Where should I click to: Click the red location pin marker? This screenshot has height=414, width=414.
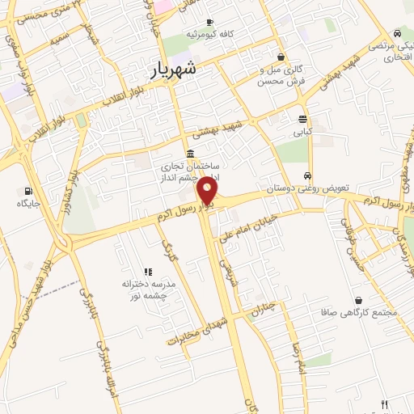coord(208,192)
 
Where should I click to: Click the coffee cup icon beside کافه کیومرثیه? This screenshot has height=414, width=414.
coord(209,23)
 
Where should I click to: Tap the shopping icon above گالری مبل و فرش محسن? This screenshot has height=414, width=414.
coord(280,57)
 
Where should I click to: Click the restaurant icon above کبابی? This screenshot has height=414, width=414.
coord(302,118)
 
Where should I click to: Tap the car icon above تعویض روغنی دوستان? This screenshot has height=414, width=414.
coord(307,176)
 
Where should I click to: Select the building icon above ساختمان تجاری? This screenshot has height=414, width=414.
coord(189,154)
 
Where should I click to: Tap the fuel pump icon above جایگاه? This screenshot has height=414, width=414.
coord(28,192)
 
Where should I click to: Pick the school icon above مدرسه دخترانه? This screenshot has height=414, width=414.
coord(147,272)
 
